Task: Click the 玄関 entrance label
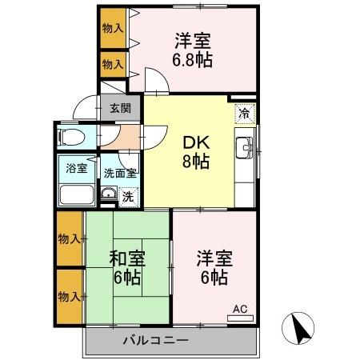coord(120,108)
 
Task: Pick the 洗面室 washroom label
coord(119,171)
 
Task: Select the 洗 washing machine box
coord(127,194)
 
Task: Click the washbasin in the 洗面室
coord(109,194)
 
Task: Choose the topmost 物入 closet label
coord(113,28)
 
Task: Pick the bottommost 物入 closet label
coord(69,297)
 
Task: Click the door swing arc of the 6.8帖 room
coord(155,80)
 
